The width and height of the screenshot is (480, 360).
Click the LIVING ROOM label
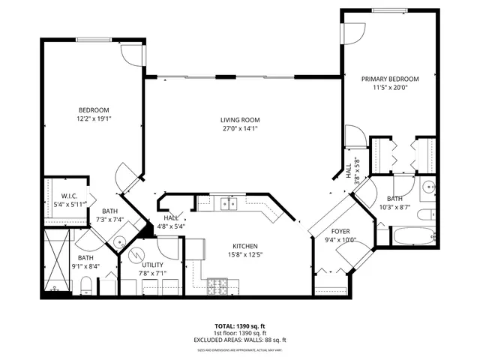[x=240, y=119]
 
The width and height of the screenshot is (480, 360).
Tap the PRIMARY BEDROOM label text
[x=390, y=79]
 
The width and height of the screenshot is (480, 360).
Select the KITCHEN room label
[x=245, y=247]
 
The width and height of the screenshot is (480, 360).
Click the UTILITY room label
[x=153, y=265]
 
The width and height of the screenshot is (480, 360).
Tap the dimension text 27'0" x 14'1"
[x=240, y=128]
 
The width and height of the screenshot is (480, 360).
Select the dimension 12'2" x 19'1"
[x=94, y=118]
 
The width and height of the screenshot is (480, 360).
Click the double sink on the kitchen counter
[x=227, y=202]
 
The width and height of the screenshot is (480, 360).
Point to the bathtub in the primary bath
[x=412, y=235]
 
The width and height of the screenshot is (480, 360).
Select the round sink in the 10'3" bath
[x=428, y=188]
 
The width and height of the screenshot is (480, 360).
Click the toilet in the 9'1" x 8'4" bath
[x=85, y=283]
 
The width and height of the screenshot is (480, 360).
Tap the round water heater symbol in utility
[x=136, y=255]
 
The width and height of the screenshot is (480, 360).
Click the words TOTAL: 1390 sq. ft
[x=240, y=326]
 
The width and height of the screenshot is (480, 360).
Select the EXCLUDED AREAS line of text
[x=240, y=340]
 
